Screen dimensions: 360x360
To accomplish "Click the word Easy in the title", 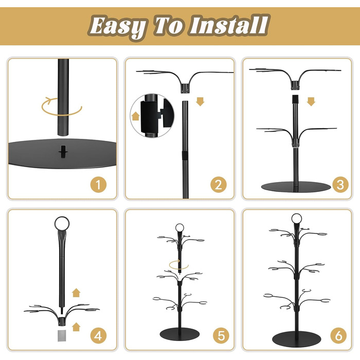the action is (x=117, y=26).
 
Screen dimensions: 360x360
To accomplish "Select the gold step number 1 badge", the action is (x=98, y=185).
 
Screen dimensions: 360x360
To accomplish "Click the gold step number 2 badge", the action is (x=219, y=185).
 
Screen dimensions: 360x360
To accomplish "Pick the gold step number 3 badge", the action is (x=340, y=185).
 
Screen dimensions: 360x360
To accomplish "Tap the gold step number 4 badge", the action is (x=98, y=335).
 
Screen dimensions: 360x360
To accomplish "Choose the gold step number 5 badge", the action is (x=221, y=335).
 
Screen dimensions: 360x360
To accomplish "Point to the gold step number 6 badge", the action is (x=338, y=335).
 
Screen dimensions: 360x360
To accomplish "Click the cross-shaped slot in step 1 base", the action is (x=63, y=152).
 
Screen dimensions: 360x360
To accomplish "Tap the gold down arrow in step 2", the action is (x=200, y=101).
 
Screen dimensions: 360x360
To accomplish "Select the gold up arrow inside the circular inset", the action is (x=136, y=116).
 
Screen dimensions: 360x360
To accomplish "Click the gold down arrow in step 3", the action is (x=311, y=101).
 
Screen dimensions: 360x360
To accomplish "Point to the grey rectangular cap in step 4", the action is (x=62, y=335).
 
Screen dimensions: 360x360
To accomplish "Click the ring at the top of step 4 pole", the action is (x=62, y=223).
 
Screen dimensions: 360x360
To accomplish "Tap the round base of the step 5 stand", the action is (x=179, y=334).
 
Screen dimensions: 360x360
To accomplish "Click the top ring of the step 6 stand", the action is (x=296, y=219).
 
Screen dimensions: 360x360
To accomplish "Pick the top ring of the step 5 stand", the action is (x=179, y=228).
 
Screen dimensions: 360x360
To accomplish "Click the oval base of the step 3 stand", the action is (x=296, y=186).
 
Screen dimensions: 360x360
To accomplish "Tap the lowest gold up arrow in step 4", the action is (x=76, y=327).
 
